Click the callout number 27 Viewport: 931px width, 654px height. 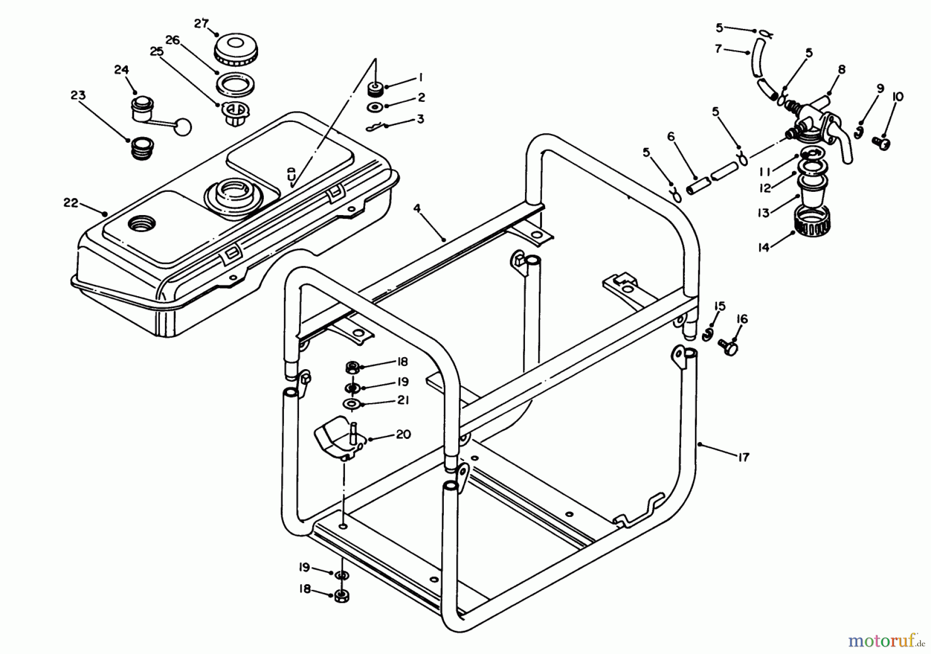click(201, 24)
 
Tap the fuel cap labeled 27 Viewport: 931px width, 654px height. click(235, 49)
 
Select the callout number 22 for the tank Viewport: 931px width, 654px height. click(70, 203)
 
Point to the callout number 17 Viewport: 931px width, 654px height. click(743, 458)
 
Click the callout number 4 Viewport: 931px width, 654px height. click(417, 208)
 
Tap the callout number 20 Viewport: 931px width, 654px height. click(403, 434)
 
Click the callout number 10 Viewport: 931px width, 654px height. click(897, 97)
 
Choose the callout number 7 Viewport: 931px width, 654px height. click(718, 49)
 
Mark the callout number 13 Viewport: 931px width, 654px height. click(764, 212)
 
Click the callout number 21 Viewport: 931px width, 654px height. click(403, 400)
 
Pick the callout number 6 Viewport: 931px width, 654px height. click(671, 136)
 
